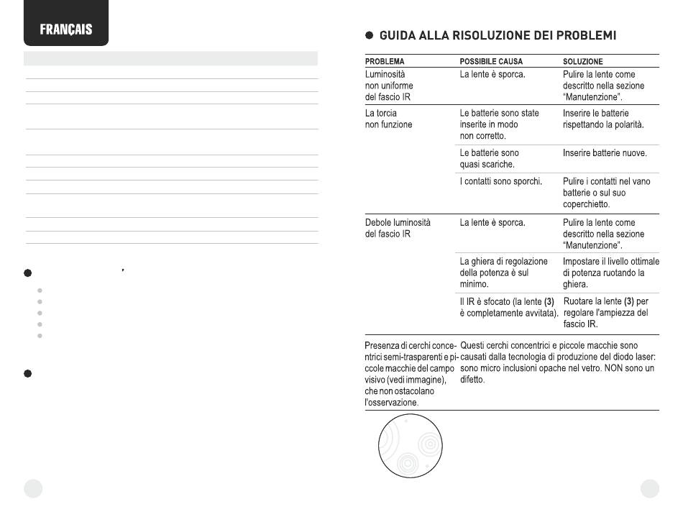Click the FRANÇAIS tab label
click(x=65, y=30)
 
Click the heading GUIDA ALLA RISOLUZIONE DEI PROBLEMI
click(x=497, y=35)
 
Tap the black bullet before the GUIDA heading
click(x=369, y=35)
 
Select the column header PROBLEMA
click(x=385, y=62)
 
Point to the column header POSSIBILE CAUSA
click(x=491, y=62)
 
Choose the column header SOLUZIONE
click(x=582, y=62)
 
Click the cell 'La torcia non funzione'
click(x=389, y=119)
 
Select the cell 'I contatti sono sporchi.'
click(x=500, y=181)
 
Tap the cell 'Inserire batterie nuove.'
click(x=605, y=153)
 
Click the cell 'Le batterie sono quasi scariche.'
click(x=489, y=158)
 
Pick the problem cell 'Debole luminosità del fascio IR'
click(x=398, y=229)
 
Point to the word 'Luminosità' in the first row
click(x=385, y=74)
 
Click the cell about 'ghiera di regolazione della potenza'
click(x=503, y=273)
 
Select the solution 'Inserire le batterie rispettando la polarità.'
click(x=602, y=119)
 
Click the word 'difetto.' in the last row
click(x=472, y=380)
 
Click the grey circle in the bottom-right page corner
click(x=650, y=488)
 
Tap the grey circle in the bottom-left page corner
click(x=33, y=488)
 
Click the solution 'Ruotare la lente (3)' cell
click(x=606, y=312)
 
